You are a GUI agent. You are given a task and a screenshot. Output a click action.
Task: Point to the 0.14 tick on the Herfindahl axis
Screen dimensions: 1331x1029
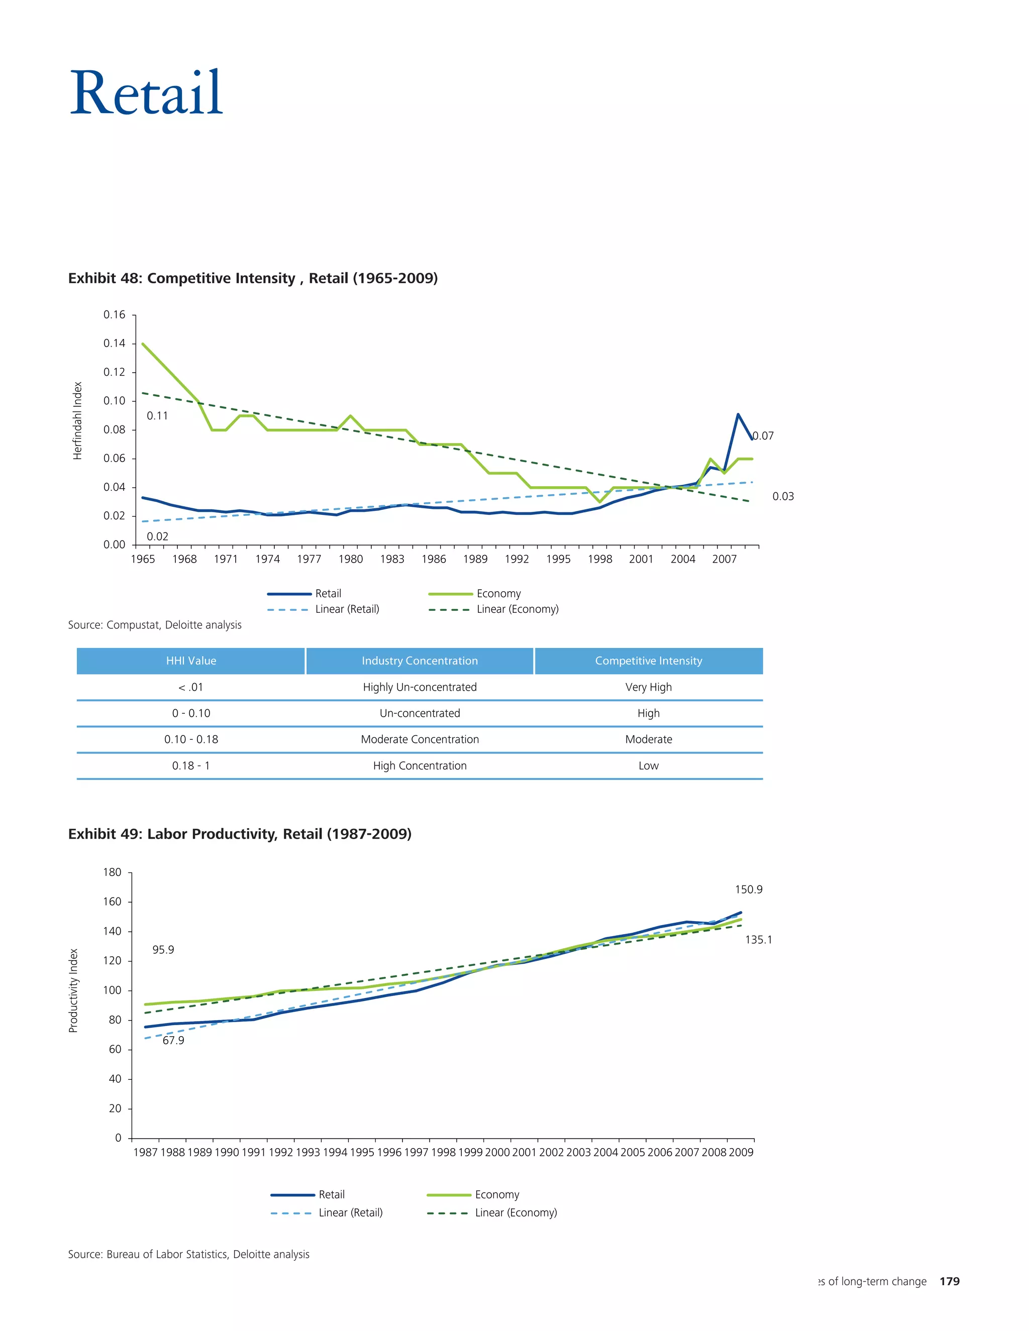click(x=114, y=344)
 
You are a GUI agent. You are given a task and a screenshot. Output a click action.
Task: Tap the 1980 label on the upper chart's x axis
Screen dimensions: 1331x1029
click(x=351, y=560)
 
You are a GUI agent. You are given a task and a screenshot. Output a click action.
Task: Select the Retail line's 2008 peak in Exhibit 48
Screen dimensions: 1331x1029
click(x=738, y=415)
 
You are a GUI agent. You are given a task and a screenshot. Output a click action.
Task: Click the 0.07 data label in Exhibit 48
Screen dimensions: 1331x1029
click(x=763, y=436)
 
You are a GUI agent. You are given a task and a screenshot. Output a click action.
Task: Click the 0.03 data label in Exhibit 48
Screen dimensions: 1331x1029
click(x=783, y=496)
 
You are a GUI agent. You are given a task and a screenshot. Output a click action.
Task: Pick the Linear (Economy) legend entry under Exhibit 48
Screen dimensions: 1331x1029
click(x=517, y=609)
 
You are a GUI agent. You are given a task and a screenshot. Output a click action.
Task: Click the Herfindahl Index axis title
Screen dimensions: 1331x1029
click(x=77, y=420)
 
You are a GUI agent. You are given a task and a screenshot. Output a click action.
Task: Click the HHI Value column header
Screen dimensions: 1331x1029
click(x=191, y=660)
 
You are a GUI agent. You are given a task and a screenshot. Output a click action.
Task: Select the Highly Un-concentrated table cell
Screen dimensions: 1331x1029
click(x=420, y=687)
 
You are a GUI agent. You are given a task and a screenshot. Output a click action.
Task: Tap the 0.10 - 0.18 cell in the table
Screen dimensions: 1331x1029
click(x=191, y=739)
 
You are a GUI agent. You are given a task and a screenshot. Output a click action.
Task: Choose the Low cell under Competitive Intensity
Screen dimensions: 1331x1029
click(x=648, y=765)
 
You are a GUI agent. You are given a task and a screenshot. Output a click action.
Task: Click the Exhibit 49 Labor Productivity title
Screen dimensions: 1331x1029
click(x=240, y=834)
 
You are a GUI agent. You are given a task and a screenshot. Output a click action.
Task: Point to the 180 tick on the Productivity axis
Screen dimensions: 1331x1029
click(x=113, y=872)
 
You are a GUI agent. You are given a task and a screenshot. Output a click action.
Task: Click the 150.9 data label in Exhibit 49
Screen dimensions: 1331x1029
click(x=748, y=889)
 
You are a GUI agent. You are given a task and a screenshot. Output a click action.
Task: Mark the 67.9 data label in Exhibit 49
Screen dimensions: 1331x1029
click(x=173, y=1040)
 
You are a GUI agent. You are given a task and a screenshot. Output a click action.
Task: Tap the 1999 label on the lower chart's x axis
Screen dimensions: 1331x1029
click(x=470, y=1152)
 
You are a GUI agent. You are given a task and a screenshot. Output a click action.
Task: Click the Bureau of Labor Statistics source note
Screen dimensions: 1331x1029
click(x=188, y=1254)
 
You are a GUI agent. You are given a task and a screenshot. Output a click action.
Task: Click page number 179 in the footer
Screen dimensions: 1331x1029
click(x=949, y=1281)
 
